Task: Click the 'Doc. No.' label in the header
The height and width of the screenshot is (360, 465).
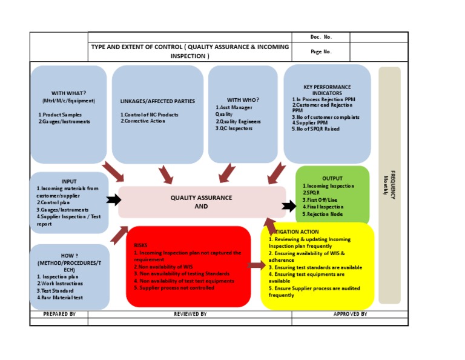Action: (321, 37)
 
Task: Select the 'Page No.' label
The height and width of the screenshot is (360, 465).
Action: (321, 52)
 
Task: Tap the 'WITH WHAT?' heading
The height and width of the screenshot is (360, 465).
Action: (68, 93)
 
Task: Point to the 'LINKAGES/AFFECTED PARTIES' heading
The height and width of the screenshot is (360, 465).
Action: (157, 101)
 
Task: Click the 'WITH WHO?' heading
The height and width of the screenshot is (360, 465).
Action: (243, 99)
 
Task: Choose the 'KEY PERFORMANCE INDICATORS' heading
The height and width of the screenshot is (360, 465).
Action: (327, 90)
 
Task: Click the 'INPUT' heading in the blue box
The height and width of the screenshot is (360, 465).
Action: (69, 181)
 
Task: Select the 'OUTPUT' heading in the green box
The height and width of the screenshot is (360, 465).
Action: (332, 178)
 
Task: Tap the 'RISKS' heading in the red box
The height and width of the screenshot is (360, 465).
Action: (140, 245)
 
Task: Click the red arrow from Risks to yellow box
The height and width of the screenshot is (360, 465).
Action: (256, 265)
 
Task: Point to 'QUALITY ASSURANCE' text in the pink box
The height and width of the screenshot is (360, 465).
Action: (201, 198)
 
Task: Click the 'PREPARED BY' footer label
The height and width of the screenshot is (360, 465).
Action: (59, 314)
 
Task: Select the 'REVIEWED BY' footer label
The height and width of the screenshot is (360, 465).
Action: (190, 314)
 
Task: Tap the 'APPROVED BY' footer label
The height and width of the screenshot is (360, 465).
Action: (350, 314)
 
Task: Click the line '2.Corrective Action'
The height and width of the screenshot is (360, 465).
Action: (143, 121)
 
